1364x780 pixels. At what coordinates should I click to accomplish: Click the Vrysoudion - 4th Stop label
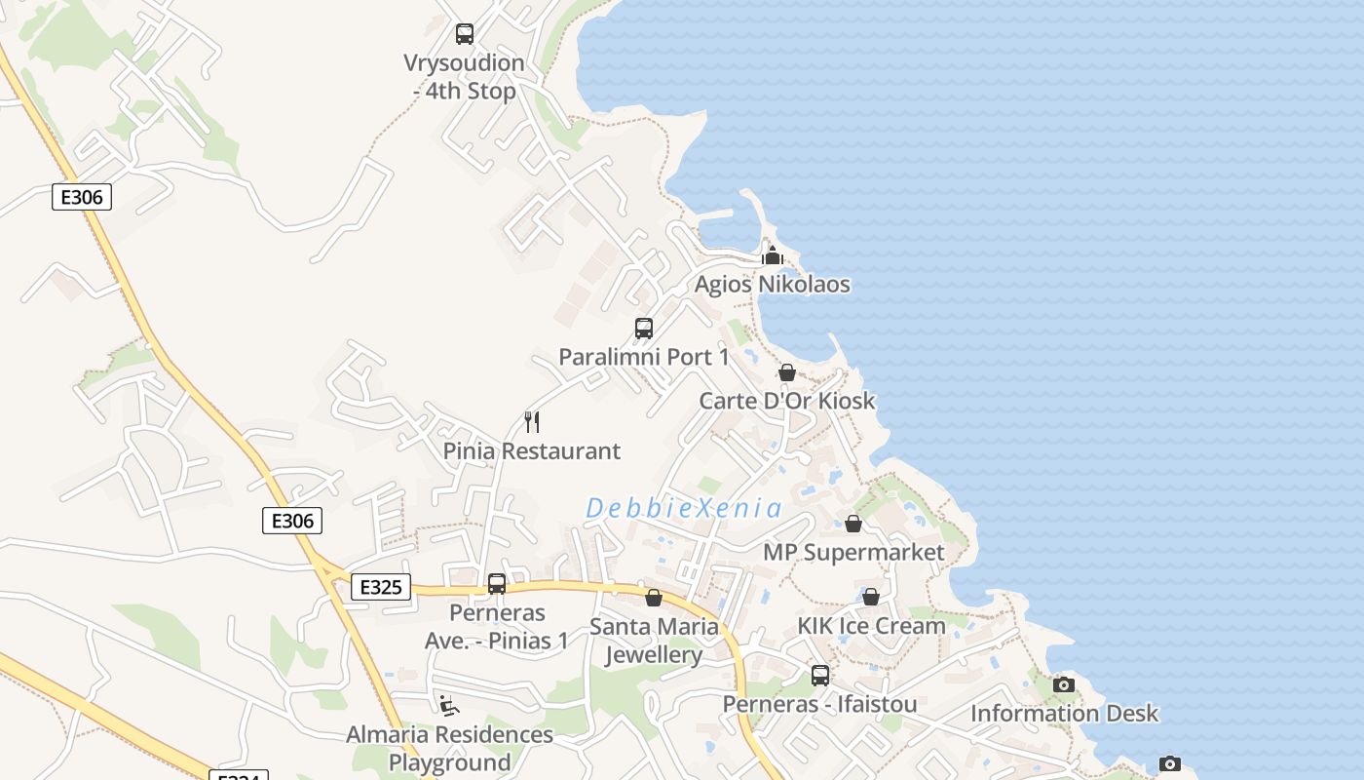[464, 77]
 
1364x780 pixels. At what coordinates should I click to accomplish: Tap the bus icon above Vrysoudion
[465, 34]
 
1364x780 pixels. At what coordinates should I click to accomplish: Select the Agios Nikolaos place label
[772, 285]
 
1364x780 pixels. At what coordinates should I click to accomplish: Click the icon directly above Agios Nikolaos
[773, 256]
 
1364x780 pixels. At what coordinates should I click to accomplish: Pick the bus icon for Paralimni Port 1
[644, 329]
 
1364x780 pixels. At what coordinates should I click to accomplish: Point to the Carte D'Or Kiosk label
[787, 401]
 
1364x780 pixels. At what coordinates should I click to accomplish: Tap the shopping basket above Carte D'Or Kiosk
[787, 372]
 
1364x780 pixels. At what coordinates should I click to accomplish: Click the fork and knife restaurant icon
[532, 422]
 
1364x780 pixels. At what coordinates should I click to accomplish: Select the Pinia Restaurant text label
[532, 451]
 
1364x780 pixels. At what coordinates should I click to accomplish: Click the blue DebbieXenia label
[684, 508]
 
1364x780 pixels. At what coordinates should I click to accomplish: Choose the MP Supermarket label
[853, 553]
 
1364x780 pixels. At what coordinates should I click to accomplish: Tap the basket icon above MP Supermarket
[853, 525]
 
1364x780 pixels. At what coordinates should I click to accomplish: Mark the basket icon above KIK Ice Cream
[871, 597]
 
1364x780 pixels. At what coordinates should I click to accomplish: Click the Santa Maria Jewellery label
[654, 641]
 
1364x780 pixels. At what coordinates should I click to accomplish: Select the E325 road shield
[380, 587]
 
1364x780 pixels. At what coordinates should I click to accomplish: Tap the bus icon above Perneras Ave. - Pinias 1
[497, 584]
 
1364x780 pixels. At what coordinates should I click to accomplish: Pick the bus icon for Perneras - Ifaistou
[820, 675]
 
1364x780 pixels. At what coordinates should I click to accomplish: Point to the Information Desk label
[1064, 714]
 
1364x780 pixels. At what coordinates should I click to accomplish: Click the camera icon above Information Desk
[1064, 685]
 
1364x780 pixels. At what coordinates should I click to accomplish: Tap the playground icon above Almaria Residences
[449, 705]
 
